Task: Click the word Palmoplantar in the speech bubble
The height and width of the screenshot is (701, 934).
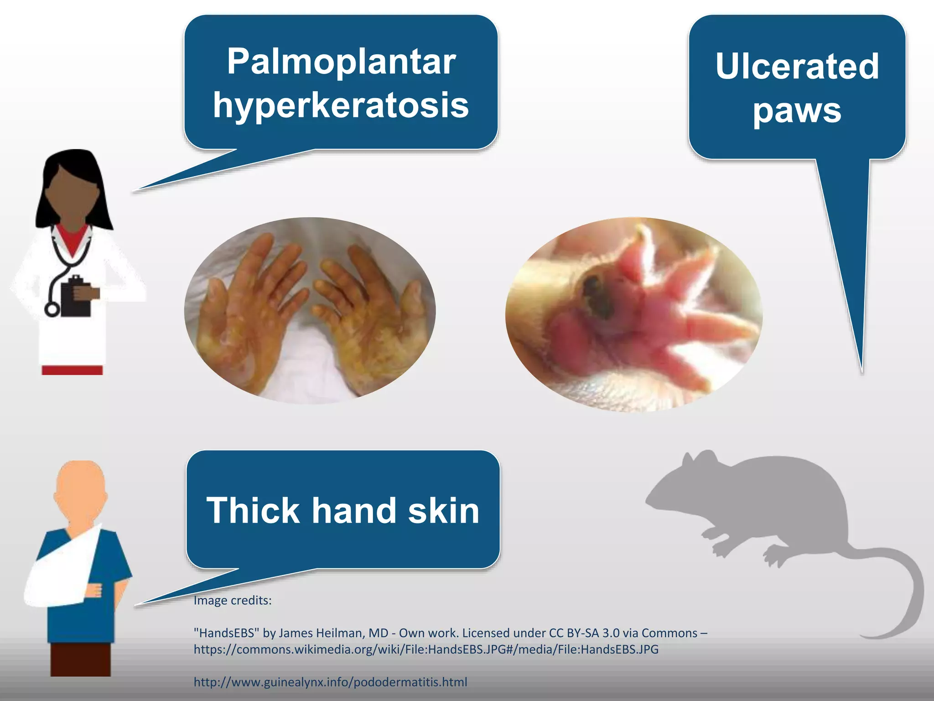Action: (341, 62)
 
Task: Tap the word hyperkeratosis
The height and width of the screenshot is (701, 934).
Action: (341, 105)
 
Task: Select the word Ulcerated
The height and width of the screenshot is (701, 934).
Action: (797, 67)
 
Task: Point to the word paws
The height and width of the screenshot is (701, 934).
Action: (797, 110)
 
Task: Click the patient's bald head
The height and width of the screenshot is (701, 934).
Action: (80, 484)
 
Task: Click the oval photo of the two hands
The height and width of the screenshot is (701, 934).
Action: (310, 310)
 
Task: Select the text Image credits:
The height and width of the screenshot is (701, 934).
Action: (233, 601)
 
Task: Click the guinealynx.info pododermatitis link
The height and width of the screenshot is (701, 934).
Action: (330, 682)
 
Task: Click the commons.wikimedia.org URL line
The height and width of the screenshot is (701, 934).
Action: (426, 649)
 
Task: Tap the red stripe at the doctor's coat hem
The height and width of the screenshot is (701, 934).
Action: (72, 370)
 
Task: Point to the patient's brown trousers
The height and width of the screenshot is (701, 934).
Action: (80, 659)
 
